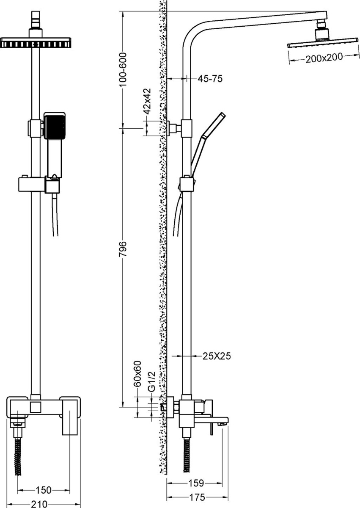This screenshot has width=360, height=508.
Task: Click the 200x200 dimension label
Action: (324, 58)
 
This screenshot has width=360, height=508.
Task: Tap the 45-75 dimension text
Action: (210, 79)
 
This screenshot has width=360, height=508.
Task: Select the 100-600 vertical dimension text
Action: (123, 69)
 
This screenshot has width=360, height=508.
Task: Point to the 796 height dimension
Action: (123, 249)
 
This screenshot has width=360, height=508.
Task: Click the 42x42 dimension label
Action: (147, 101)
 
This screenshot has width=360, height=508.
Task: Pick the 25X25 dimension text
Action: (217, 356)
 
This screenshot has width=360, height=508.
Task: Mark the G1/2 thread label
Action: (151, 381)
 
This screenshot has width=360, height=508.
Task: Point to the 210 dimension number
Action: (39, 504)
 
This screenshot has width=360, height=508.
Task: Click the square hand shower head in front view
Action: (55, 125)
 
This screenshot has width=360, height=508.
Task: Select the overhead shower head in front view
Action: (36, 42)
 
